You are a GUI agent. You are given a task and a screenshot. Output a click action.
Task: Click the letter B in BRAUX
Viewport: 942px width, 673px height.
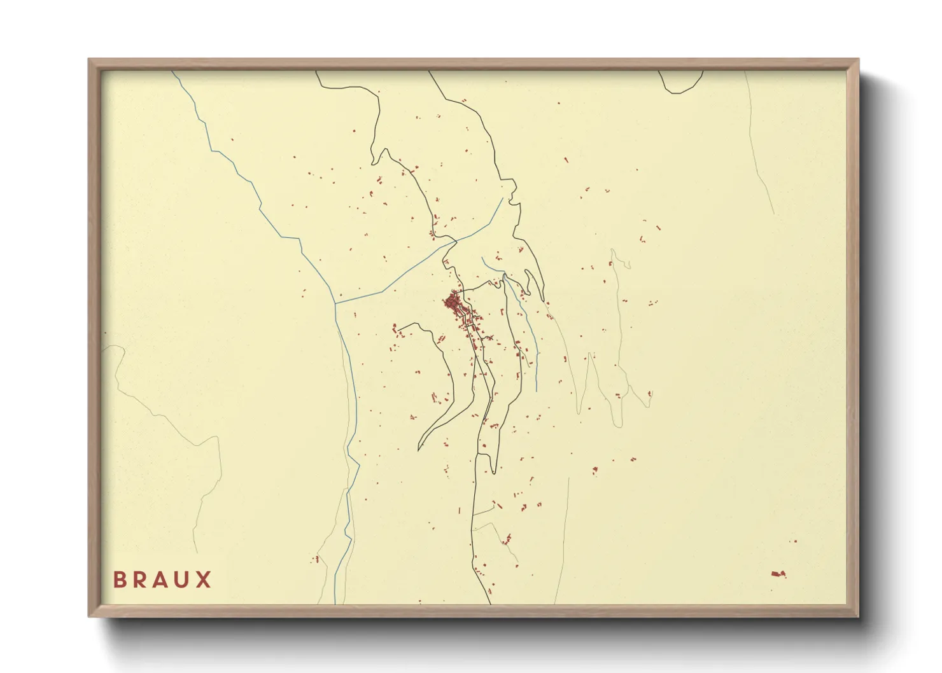click(x=119, y=579)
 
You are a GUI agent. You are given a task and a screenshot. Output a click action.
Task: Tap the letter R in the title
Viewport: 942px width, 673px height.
click(x=140, y=579)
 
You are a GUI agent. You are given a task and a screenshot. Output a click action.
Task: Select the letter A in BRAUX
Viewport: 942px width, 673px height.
click(x=161, y=579)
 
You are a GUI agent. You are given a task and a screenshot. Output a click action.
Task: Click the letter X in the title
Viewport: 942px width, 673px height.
click(x=204, y=579)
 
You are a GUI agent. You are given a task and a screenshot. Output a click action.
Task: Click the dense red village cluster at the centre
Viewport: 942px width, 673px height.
click(x=453, y=302)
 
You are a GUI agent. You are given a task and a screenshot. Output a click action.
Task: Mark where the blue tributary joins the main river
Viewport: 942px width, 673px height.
click(x=335, y=303)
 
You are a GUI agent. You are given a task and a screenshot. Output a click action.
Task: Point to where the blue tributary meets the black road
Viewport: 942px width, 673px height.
click(x=456, y=241)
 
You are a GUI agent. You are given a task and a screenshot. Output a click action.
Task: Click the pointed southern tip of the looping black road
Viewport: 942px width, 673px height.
click(x=419, y=448)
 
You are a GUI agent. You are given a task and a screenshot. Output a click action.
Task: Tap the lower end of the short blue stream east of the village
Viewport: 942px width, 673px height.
click(x=537, y=390)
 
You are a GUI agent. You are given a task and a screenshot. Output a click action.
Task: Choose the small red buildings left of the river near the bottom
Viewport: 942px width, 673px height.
click(x=315, y=559)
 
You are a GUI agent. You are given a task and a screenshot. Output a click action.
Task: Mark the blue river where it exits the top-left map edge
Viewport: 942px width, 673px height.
click(x=173, y=72)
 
